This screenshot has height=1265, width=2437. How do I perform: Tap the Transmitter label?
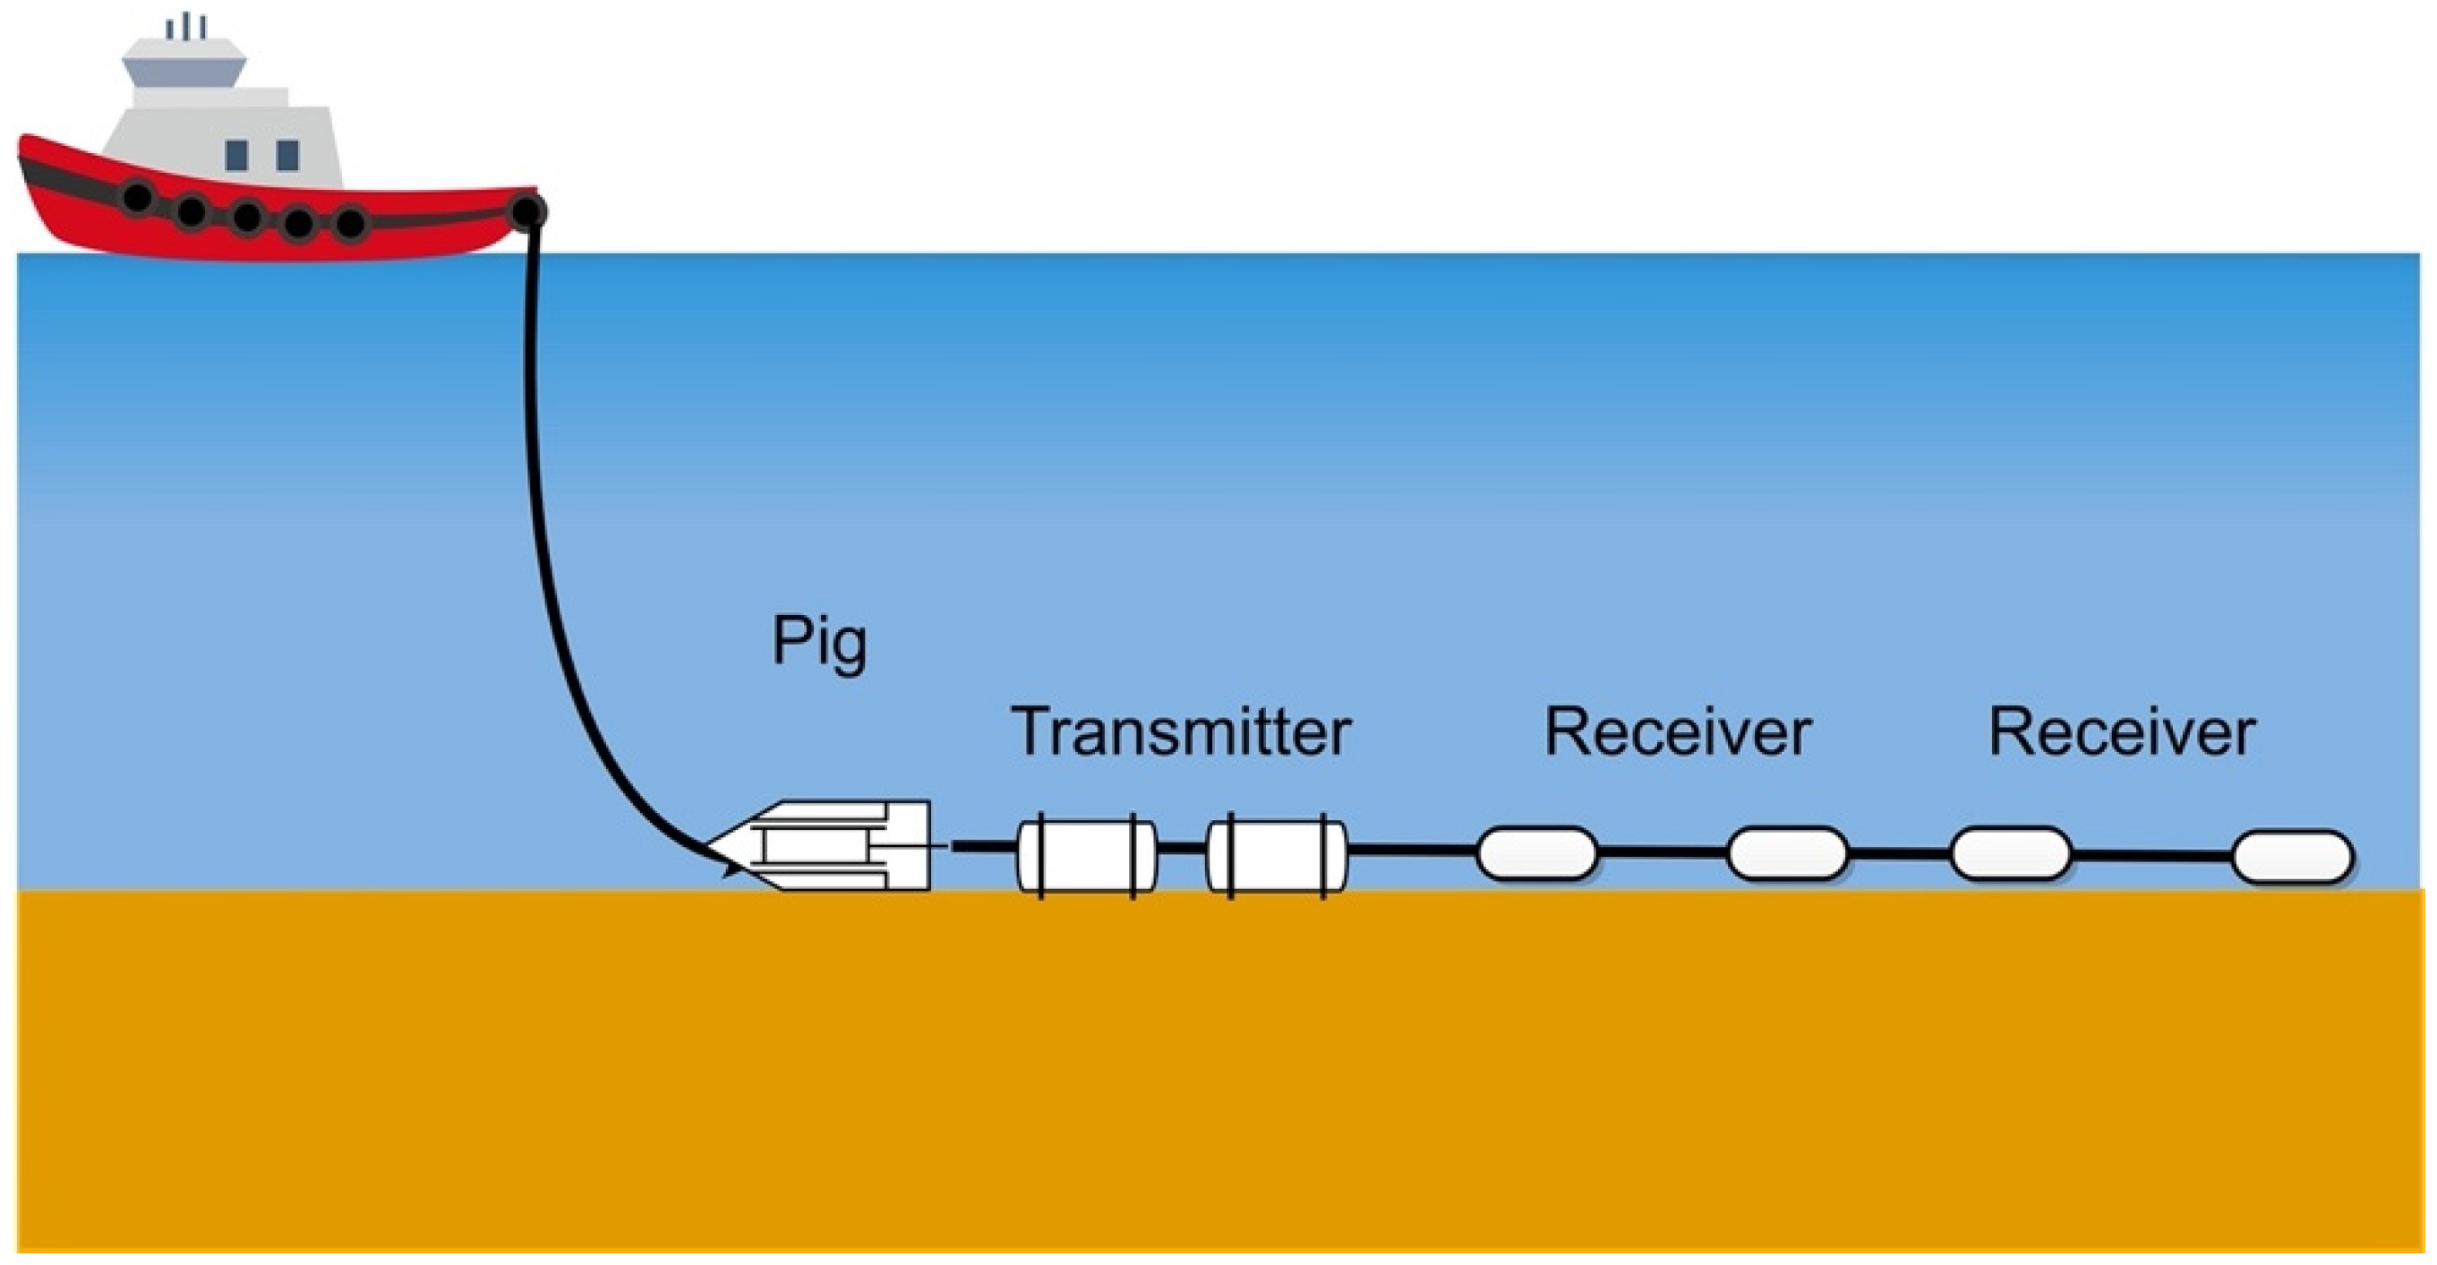(1182, 732)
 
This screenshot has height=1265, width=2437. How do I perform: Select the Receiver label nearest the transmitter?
(1677, 732)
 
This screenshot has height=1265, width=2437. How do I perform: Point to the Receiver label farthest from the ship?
(2122, 732)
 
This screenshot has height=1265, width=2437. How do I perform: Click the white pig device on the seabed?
(833, 846)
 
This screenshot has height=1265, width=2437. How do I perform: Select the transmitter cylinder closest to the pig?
(1087, 855)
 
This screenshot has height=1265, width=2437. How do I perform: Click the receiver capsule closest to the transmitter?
(1536, 853)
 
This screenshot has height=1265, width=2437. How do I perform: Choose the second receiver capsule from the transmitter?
(1787, 853)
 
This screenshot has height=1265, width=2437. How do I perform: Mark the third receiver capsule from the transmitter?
(2010, 853)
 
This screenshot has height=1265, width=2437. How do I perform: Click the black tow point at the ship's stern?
(528, 212)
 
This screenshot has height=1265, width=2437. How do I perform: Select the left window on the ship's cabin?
(236, 155)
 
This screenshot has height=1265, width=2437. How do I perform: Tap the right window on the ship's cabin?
(287, 155)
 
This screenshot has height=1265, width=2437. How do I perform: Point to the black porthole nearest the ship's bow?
(138, 198)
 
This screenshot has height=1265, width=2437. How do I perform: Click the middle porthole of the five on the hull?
(247, 217)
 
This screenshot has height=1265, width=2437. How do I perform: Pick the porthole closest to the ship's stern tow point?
(351, 223)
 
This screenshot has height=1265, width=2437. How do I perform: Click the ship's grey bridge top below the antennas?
(185, 64)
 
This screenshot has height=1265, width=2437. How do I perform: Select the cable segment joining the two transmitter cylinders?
(1182, 848)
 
